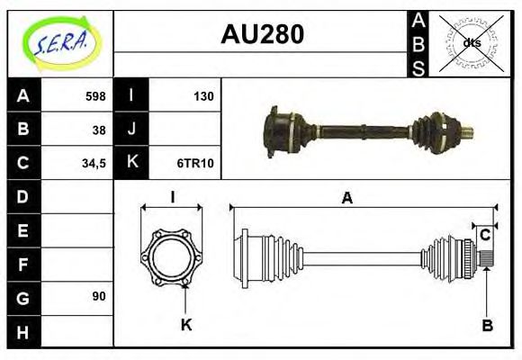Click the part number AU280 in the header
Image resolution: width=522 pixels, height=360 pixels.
[x=262, y=35]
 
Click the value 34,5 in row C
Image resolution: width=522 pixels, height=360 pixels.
[x=94, y=163]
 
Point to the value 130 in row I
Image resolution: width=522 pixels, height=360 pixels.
[x=203, y=96]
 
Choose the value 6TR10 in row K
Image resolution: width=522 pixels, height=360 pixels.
[x=195, y=163]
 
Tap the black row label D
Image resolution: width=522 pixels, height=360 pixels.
[x=23, y=196]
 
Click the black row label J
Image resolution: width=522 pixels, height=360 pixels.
[x=131, y=130]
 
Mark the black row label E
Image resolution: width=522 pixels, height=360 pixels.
[x=23, y=229]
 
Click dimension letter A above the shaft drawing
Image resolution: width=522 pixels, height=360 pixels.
[x=346, y=199]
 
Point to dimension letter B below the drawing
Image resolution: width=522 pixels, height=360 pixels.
[x=486, y=325]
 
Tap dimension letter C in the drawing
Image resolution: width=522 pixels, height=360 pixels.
[x=484, y=235]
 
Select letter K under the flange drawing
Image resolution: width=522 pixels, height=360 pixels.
[x=186, y=325]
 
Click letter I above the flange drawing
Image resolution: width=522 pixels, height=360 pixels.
[x=171, y=198]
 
